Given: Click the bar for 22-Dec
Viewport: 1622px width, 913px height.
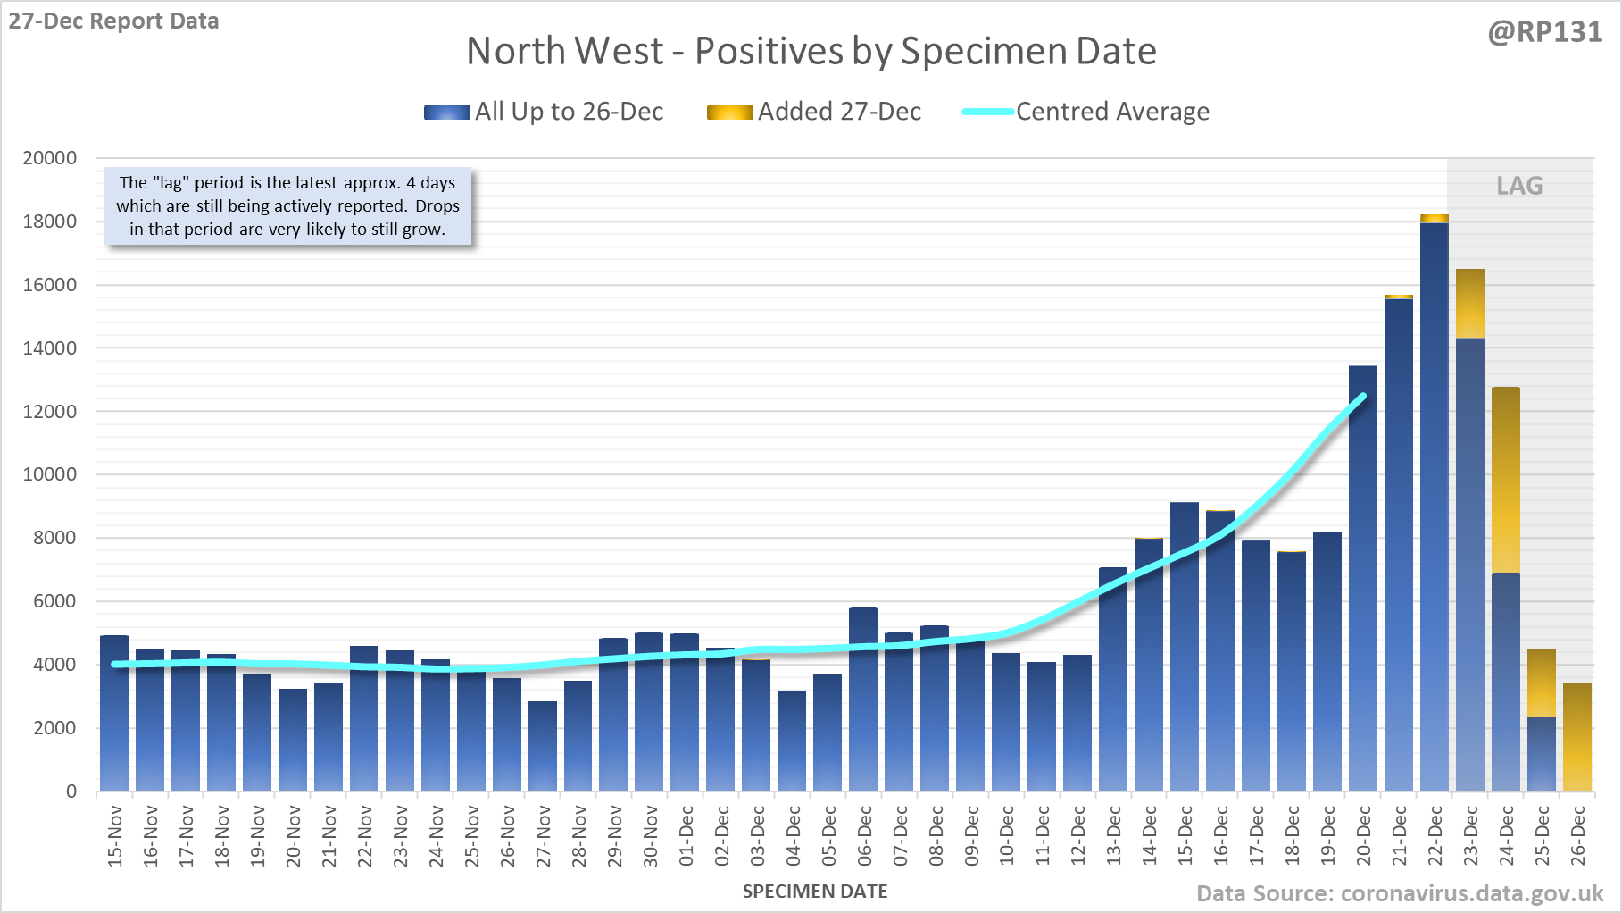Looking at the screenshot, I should (x=1435, y=509).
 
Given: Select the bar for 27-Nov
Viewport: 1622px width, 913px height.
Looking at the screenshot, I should (x=543, y=746).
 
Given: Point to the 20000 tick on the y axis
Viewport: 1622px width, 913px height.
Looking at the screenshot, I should (x=50, y=158).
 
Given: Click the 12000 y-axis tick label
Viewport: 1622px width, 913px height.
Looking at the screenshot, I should (x=50, y=412).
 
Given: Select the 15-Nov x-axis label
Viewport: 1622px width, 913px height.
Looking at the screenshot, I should (x=115, y=836).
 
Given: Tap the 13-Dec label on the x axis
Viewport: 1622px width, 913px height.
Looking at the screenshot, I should (x=1114, y=836).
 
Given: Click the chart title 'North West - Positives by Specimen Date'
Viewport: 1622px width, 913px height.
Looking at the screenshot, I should (x=811, y=51).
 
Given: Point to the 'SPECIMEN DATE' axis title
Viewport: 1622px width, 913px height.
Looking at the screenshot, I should (x=815, y=892).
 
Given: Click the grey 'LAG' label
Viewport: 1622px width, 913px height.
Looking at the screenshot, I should (x=1519, y=186).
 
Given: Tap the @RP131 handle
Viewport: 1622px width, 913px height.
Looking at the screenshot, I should (x=1545, y=32).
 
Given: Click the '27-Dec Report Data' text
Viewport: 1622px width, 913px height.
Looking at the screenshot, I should (x=113, y=21).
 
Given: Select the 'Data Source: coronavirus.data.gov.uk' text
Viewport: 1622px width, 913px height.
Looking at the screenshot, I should (x=1400, y=893).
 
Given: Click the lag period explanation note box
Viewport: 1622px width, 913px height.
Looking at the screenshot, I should (x=287, y=206).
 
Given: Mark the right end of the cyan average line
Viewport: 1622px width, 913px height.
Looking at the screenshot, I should (x=1363, y=395).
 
